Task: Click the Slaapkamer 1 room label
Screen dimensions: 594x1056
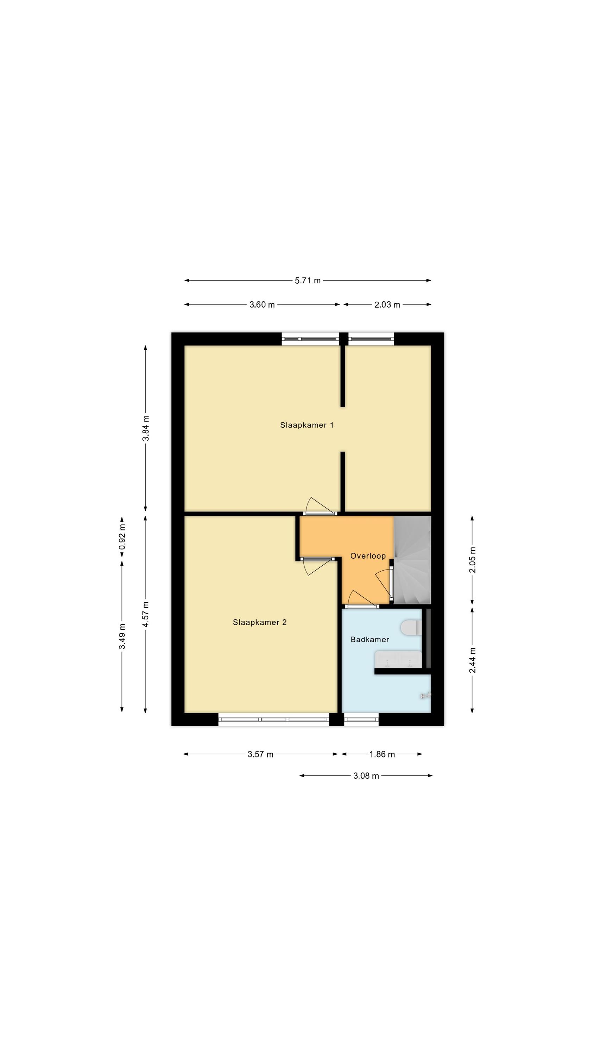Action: pos(306,425)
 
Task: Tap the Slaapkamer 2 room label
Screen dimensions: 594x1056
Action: pos(259,622)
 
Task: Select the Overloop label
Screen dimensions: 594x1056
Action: pos(368,556)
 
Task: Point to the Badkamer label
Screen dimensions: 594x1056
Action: pos(370,640)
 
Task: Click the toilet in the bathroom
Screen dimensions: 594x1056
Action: pos(411,628)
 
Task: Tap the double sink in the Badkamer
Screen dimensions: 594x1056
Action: pos(398,660)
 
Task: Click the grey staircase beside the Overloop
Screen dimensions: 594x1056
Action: pos(412,560)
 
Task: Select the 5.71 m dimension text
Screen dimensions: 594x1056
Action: pos(308,281)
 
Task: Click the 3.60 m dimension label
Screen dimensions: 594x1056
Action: pos(262,304)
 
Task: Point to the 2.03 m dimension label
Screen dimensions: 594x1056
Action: pos(387,304)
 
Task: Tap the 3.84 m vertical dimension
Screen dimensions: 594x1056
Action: pos(146,428)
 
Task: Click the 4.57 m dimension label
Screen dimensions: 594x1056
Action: pos(146,615)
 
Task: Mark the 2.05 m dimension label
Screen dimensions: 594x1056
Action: pos(472,560)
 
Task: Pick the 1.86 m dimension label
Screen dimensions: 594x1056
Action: pos(382,754)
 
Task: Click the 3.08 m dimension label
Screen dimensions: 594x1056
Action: pos(366,775)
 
